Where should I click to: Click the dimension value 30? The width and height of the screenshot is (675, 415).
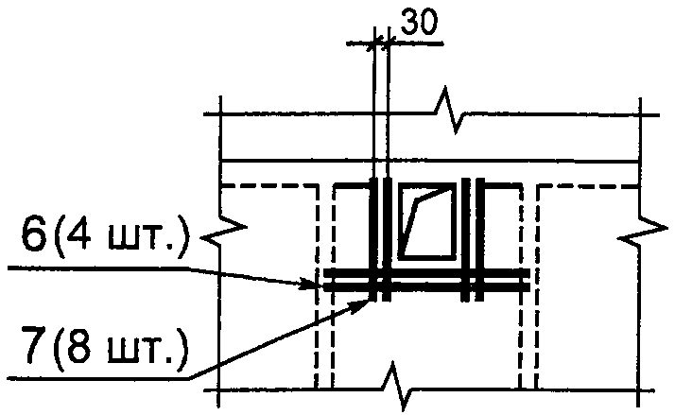pyautogui.click(x=419, y=22)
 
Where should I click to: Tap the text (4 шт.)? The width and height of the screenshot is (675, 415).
pyautogui.click(x=122, y=237)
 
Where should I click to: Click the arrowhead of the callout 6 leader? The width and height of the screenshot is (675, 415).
pyautogui.click(x=313, y=285)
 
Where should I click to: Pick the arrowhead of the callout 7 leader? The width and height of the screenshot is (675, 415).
pyautogui.click(x=361, y=304)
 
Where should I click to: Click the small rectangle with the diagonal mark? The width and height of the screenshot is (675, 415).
pyautogui.click(x=427, y=221)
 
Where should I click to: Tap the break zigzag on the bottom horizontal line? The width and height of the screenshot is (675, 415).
pyautogui.click(x=399, y=387)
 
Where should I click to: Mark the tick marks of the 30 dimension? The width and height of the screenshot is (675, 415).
pyautogui.click(x=381, y=43)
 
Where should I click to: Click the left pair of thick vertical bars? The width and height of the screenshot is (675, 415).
pyautogui.click(x=381, y=239)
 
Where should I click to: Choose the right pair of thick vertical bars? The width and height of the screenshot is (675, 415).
pyautogui.click(x=473, y=239)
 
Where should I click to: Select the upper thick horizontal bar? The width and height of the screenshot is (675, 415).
pyautogui.click(x=426, y=273)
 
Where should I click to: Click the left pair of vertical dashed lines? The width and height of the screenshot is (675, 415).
pyautogui.click(x=324, y=286)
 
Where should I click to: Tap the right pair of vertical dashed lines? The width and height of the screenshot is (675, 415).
pyautogui.click(x=528, y=286)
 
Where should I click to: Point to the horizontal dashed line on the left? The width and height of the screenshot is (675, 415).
pyautogui.click(x=270, y=186)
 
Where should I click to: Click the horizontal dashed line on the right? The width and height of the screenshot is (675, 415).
pyautogui.click(x=588, y=186)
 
